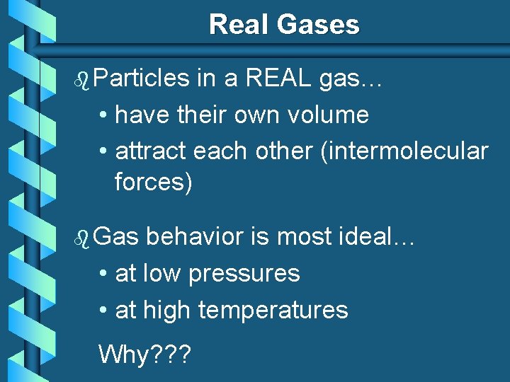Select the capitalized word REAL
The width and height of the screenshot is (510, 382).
point(277,78)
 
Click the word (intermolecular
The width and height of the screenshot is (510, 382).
point(404,151)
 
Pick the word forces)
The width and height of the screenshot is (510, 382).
point(154,182)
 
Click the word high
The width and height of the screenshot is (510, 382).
point(167,310)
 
